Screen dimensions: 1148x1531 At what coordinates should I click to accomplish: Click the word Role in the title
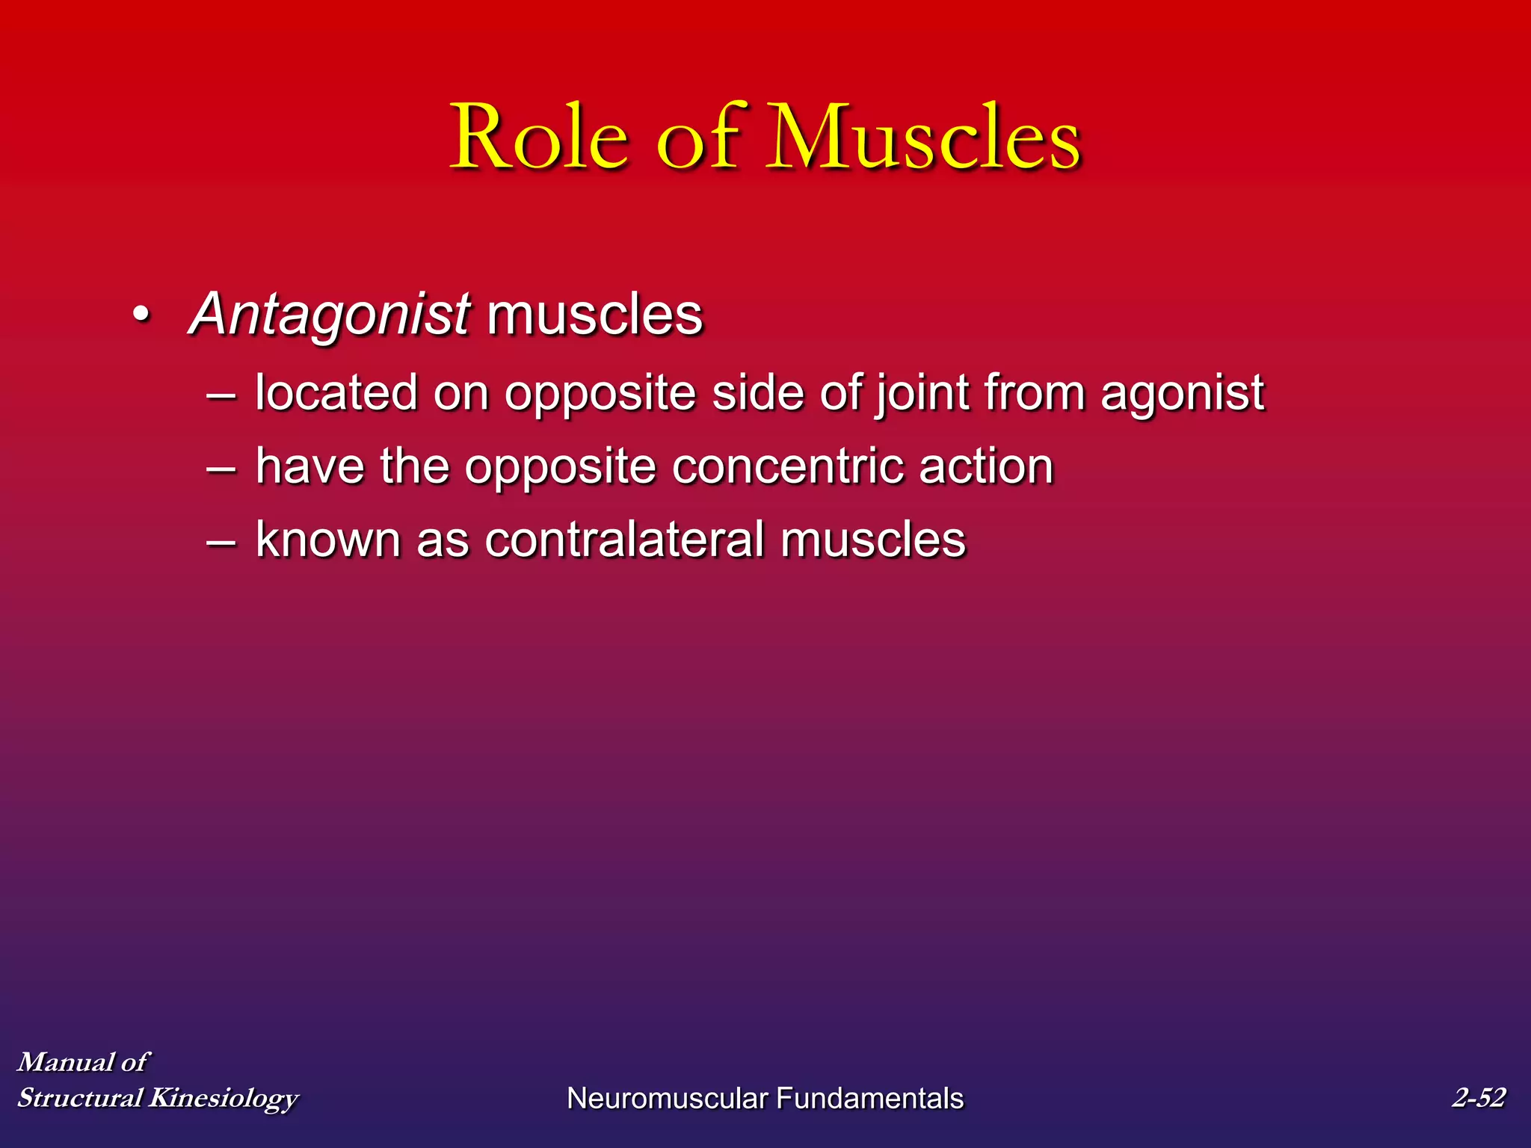click(540, 138)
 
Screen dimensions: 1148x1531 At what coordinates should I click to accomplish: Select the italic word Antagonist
click(330, 314)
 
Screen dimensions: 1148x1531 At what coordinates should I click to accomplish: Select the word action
click(986, 466)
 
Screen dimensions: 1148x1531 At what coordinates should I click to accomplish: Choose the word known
click(328, 539)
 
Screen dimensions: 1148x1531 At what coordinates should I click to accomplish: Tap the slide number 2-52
click(1478, 1097)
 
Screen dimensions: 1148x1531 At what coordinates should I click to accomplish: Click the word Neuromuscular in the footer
click(667, 1098)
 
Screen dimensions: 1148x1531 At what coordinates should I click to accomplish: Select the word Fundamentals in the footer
click(869, 1098)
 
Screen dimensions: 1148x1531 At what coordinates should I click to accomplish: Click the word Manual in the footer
click(66, 1061)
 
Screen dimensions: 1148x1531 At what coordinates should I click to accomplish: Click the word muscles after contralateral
click(873, 539)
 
